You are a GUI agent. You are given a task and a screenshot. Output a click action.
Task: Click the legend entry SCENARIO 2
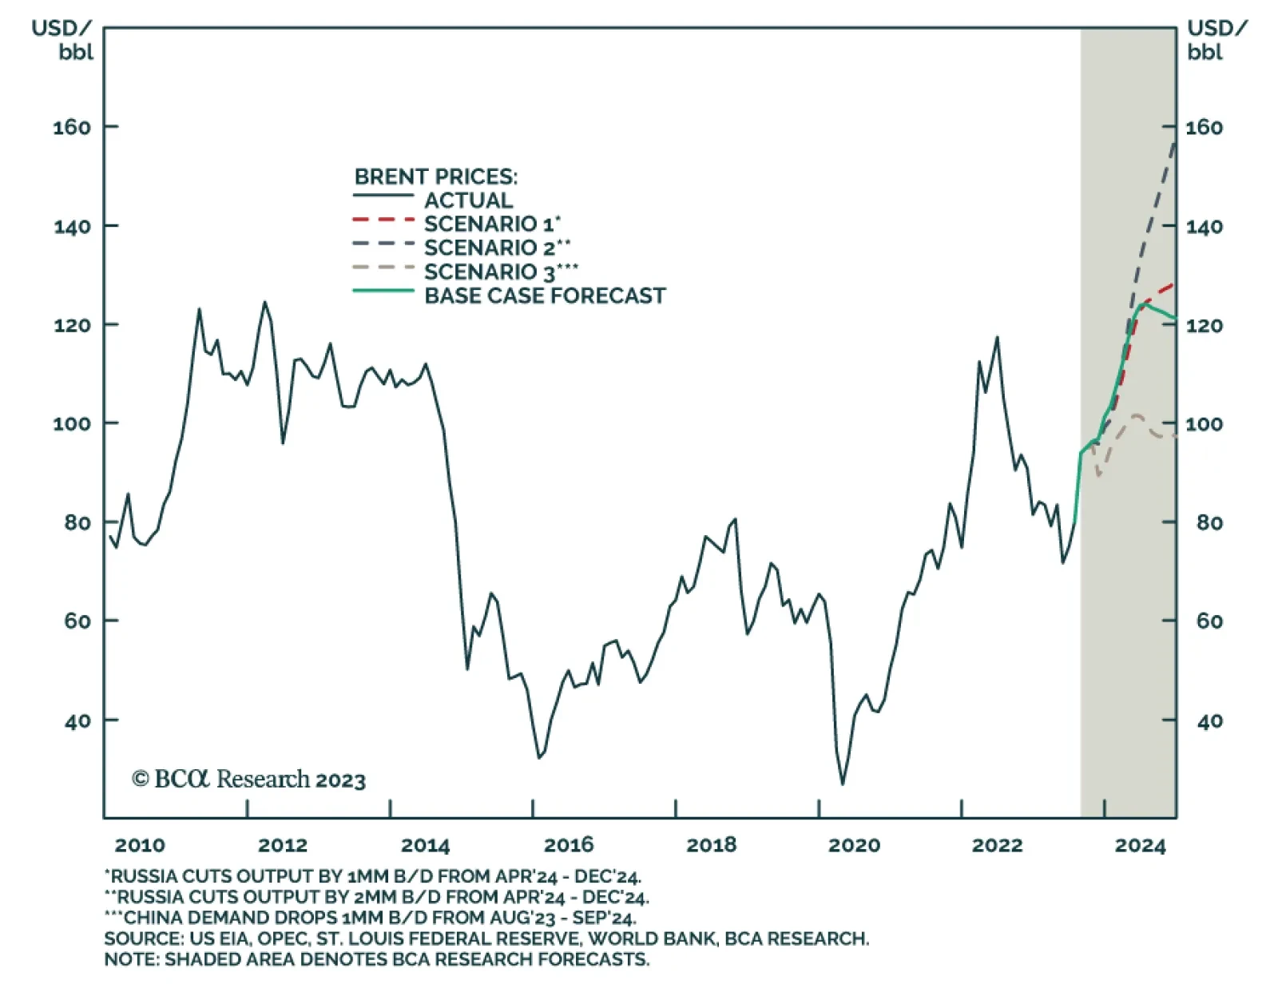pyautogui.click(x=496, y=248)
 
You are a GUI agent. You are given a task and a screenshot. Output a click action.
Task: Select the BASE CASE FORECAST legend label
pyautogui.click(x=544, y=296)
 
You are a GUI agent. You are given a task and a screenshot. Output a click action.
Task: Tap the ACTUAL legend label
pyautogui.click(x=468, y=200)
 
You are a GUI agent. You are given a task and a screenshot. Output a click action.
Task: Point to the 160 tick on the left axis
pyautogui.click(x=72, y=127)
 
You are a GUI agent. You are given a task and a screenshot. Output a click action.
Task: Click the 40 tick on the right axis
pyautogui.click(x=1209, y=720)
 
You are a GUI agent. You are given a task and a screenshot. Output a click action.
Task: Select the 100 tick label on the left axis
pyautogui.click(x=72, y=423)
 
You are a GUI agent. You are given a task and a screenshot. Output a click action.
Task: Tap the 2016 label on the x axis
pyautogui.click(x=568, y=845)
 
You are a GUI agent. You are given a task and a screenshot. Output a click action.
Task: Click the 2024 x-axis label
pyautogui.click(x=1140, y=845)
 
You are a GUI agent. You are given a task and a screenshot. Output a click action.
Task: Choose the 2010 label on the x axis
pyautogui.click(x=140, y=845)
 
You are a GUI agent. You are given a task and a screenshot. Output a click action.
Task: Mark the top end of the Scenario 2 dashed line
pyautogui.click(x=1175, y=142)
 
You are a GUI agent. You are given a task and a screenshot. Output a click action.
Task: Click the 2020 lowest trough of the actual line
pyautogui.click(x=842, y=784)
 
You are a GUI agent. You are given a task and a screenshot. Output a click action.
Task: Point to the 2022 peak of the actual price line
pyautogui.click(x=996, y=338)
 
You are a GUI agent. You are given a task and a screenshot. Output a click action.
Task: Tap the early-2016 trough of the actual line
pyautogui.click(x=539, y=756)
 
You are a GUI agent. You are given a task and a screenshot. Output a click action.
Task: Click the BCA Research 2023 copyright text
pyautogui.click(x=248, y=779)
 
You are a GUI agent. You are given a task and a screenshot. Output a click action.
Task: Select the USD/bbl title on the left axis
pyautogui.click(x=62, y=40)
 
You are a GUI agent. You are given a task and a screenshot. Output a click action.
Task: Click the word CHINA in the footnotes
pyautogui.click(x=155, y=918)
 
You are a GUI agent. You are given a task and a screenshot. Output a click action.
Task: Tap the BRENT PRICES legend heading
pyautogui.click(x=435, y=177)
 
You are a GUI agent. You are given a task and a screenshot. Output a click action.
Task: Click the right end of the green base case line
pyautogui.click(x=1175, y=319)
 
